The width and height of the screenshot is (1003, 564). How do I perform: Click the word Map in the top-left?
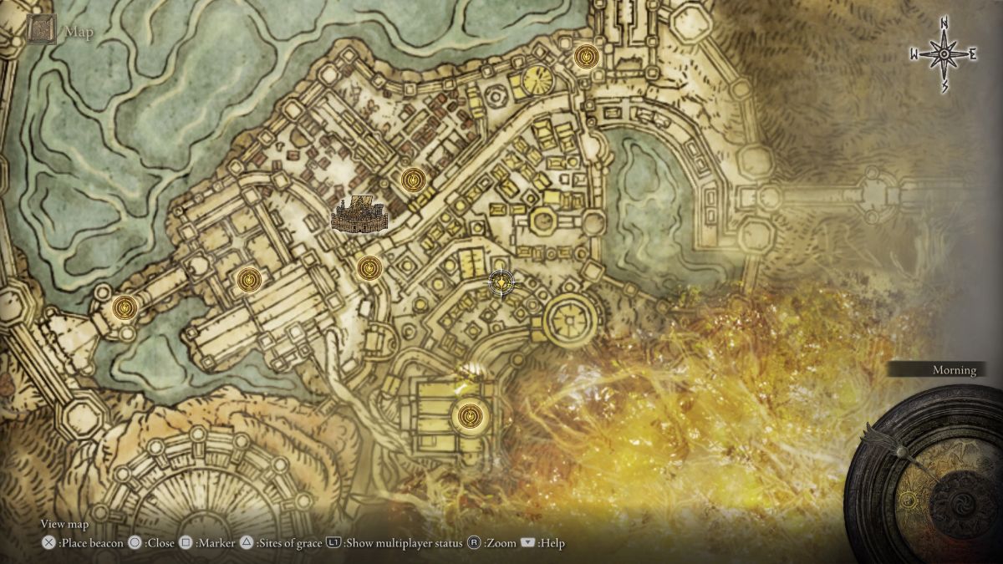[x=80, y=33]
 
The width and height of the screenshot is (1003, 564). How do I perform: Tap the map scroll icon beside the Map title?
[x=42, y=29]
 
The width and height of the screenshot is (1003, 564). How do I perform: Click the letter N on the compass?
[x=944, y=23]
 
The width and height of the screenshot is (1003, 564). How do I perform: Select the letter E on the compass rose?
[x=972, y=54]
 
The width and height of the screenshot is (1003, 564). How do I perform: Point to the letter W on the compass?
[x=914, y=55]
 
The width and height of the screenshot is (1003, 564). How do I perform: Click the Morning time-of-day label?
[x=954, y=370]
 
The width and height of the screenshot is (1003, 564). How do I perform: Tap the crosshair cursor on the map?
[x=501, y=283]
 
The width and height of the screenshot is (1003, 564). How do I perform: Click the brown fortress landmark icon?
[x=360, y=216]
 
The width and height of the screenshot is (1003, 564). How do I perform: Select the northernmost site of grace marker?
[x=587, y=57]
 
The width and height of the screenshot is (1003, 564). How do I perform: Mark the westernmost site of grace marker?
[x=125, y=307]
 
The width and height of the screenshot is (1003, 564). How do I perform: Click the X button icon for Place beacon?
[x=48, y=543]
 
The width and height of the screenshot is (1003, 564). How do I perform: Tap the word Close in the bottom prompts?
[x=160, y=543]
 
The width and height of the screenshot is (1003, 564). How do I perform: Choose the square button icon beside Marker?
[x=186, y=543]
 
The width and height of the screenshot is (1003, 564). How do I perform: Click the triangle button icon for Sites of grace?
[x=247, y=543]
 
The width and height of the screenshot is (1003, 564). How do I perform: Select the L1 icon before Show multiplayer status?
[x=333, y=543]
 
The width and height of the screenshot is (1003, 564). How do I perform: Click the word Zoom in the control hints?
[x=500, y=543]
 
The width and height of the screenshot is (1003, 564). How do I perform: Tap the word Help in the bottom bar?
[x=552, y=543]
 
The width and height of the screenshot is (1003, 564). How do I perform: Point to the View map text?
[x=64, y=525]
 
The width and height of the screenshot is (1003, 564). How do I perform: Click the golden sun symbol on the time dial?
[x=909, y=500]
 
